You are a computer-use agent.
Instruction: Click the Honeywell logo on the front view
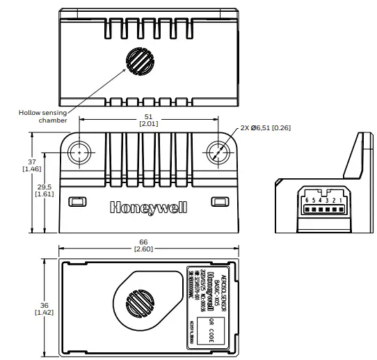(x=147, y=207)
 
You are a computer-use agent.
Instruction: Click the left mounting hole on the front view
(x=80, y=151)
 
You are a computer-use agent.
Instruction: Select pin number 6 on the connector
(x=305, y=200)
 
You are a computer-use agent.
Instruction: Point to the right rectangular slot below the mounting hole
(x=220, y=201)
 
